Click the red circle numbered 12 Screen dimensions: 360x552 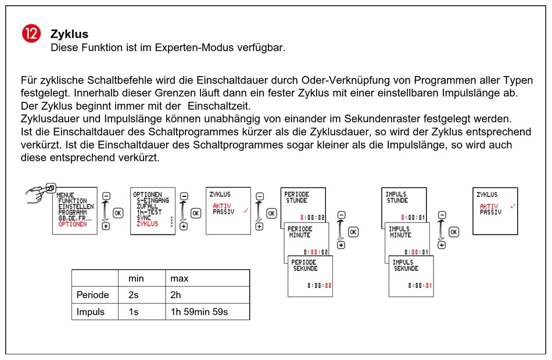pos(31,34)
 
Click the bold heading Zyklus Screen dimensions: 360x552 pos(69,34)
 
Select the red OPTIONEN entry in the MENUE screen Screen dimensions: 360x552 pos(73,224)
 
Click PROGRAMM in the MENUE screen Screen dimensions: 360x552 pos(73,213)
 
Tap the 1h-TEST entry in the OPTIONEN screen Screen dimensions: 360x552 pos(148,212)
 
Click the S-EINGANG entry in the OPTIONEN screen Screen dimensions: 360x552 pos(153,200)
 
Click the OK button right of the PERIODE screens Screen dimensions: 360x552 pos(353,232)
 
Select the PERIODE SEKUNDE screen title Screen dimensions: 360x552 pos(305,266)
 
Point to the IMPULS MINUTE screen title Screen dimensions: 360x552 pos(400,232)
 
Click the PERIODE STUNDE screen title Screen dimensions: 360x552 pos(297,197)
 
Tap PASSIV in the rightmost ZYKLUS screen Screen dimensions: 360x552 pos(490,213)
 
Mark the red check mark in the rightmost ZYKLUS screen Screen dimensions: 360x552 pos(512,207)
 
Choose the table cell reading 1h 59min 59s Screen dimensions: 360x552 pos(199,312)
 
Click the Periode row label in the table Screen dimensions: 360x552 pos(93,295)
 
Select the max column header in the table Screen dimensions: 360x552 pos(180,279)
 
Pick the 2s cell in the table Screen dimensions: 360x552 pos(134,295)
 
